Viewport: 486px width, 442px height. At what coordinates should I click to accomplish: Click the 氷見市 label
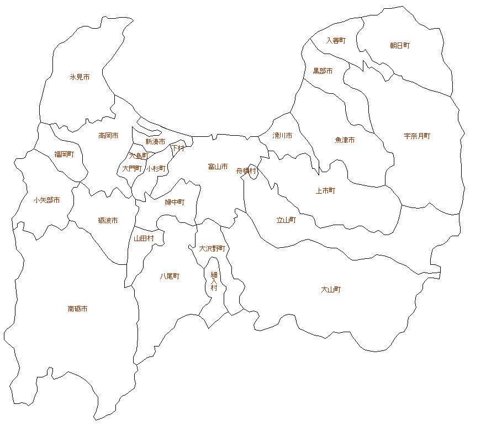click(x=80, y=77)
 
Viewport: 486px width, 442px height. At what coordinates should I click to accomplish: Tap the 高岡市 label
click(x=108, y=135)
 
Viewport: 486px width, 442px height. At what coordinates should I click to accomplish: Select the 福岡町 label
click(x=64, y=155)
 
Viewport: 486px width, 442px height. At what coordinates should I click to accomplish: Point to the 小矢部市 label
click(x=46, y=200)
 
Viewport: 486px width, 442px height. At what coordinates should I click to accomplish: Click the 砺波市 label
click(x=108, y=221)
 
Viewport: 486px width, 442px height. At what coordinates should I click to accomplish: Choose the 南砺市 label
click(x=77, y=309)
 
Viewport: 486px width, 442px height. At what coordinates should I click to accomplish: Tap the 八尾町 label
click(x=170, y=276)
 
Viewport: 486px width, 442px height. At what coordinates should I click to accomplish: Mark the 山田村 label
click(x=144, y=238)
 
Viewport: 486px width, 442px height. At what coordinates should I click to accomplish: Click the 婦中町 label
click(x=175, y=203)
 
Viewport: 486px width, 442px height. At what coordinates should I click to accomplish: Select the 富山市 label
click(x=218, y=167)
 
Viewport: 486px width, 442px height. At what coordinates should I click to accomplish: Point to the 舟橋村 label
click(x=246, y=171)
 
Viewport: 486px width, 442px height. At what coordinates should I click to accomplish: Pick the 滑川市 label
click(x=282, y=135)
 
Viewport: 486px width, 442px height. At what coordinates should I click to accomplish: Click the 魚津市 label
click(x=345, y=140)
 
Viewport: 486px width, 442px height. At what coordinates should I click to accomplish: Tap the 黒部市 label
click(x=323, y=71)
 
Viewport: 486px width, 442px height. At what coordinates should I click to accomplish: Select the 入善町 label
click(x=336, y=40)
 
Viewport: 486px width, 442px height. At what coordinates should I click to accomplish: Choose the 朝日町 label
click(x=400, y=46)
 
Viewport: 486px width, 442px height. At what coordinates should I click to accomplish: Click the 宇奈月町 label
click(x=417, y=136)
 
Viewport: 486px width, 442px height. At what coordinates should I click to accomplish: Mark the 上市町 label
click(x=325, y=191)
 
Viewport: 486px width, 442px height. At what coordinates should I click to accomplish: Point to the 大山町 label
click(x=331, y=289)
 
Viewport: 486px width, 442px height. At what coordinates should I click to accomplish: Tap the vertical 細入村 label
click(x=214, y=281)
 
